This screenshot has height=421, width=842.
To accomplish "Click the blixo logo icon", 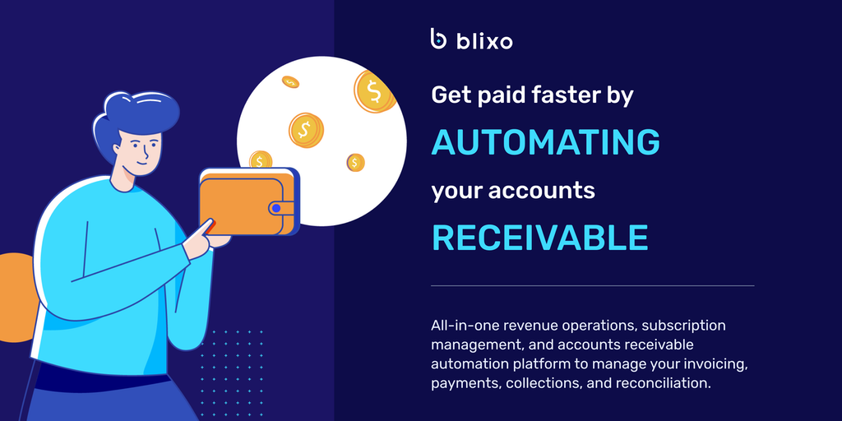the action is (x=439, y=39).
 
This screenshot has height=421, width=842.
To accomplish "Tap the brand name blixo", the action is (x=484, y=41).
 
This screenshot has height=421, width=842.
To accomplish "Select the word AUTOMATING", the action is (x=546, y=141).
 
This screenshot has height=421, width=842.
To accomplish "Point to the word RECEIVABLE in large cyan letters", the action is (x=539, y=238).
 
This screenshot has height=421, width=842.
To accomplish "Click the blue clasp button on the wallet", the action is (x=276, y=208).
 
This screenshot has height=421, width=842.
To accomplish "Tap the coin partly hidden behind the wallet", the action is (x=261, y=160).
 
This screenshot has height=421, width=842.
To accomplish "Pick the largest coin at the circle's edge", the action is (x=374, y=91).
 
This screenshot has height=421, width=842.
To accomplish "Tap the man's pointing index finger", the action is (x=203, y=229).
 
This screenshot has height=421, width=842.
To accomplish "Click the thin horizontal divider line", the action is (x=592, y=285).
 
